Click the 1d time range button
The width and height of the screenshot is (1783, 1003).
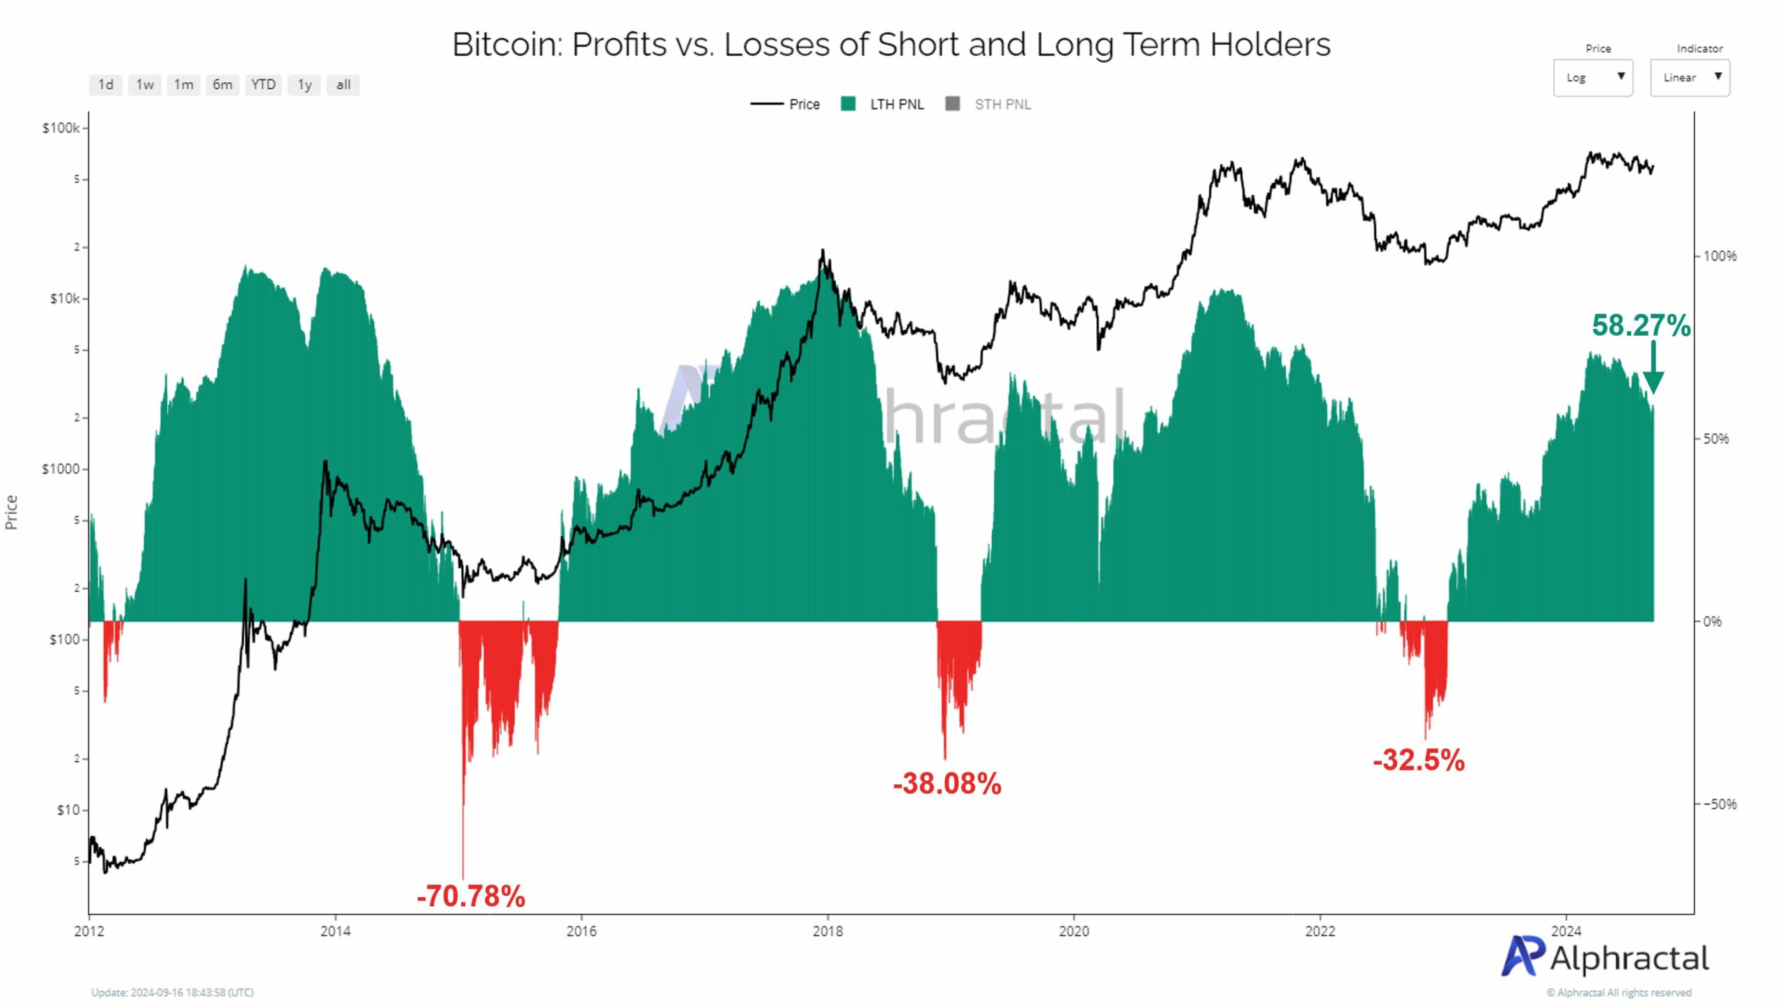tap(105, 85)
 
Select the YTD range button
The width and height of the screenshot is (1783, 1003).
tap(263, 85)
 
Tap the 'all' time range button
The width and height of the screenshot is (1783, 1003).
tap(343, 85)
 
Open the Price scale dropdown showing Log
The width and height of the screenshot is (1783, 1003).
tap(1592, 77)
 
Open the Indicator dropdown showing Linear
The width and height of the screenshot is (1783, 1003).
tap(1689, 77)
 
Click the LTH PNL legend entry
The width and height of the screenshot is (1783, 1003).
tap(882, 104)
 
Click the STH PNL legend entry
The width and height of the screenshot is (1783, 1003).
tap(988, 104)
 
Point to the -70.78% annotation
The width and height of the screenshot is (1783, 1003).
tap(471, 896)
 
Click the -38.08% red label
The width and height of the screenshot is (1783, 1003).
tap(947, 784)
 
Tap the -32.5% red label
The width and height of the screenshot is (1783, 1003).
tap(1418, 760)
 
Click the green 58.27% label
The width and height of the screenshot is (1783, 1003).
tap(1640, 326)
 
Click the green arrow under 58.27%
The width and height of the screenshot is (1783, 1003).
tap(1653, 369)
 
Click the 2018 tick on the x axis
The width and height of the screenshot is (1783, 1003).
tap(827, 931)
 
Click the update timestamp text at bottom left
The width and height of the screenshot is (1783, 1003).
tap(172, 993)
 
